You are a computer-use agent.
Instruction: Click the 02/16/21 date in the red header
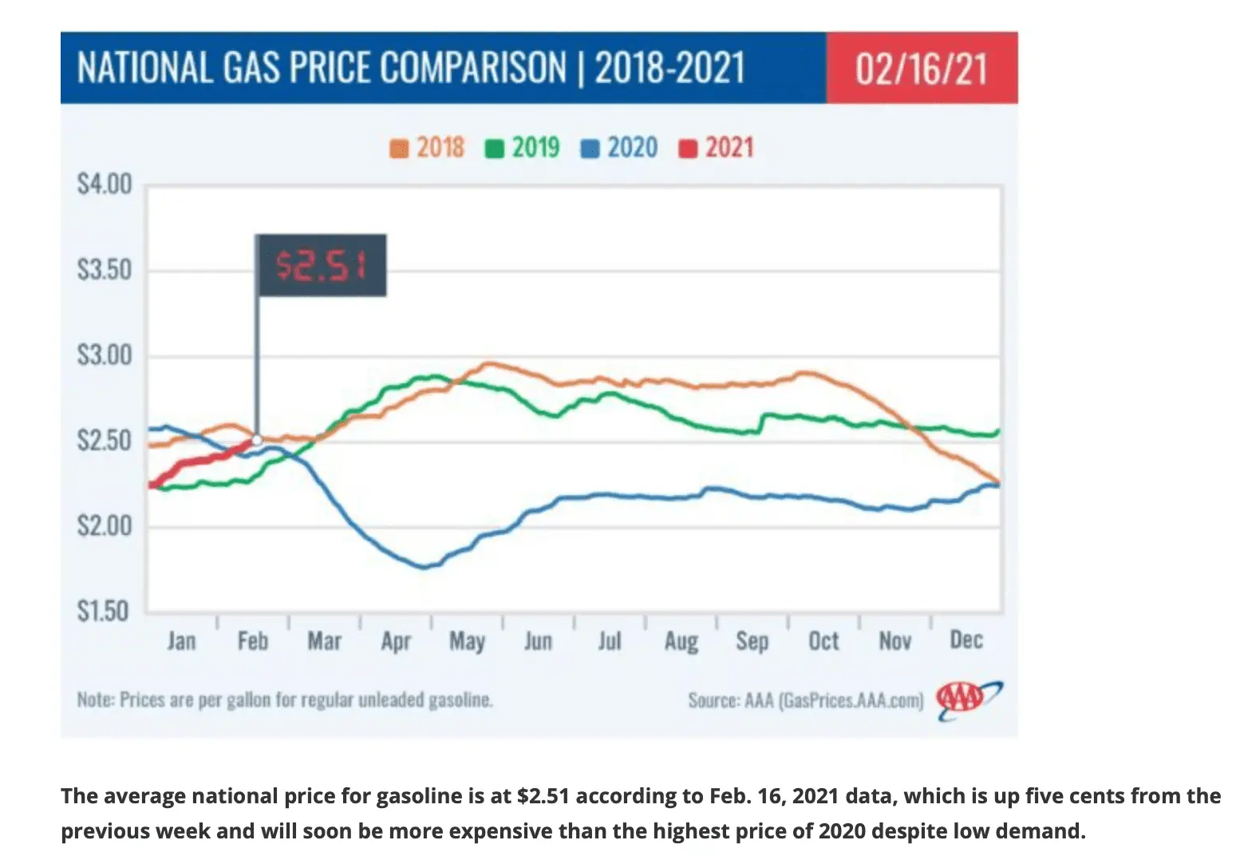(921, 69)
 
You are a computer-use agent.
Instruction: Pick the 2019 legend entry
(523, 148)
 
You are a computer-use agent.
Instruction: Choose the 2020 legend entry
(619, 148)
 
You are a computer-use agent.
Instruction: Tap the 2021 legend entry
(716, 148)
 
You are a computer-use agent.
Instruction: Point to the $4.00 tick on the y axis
(105, 184)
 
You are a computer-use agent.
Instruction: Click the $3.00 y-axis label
(105, 355)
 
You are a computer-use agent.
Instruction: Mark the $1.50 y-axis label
(105, 611)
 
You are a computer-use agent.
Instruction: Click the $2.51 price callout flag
(321, 265)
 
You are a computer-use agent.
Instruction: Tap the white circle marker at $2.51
(257, 440)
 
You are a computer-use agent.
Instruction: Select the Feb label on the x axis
(252, 640)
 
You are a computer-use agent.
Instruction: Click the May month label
(467, 640)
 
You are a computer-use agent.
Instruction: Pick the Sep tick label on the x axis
(752, 640)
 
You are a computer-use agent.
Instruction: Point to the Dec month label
(966, 640)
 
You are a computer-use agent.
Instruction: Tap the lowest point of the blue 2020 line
(424, 567)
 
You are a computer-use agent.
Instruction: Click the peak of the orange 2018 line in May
(488, 364)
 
